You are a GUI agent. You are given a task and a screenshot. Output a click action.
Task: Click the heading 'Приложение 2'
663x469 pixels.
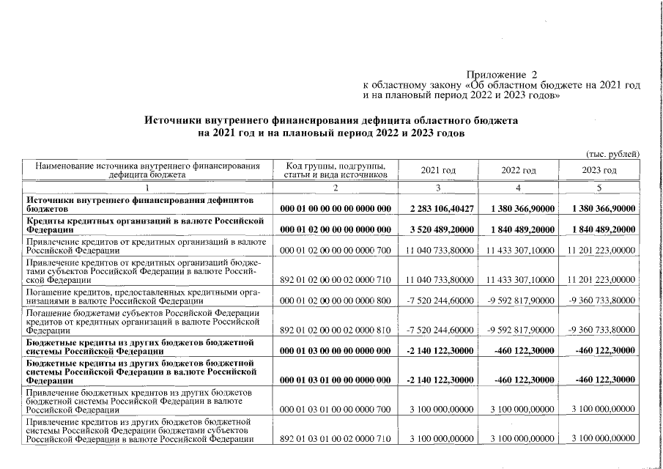(x=502, y=75)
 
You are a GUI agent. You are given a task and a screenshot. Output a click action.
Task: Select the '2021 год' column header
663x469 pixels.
(x=438, y=170)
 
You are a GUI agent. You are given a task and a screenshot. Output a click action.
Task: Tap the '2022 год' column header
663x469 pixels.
(x=519, y=170)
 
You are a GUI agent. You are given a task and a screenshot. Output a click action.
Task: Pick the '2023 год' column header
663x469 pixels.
(x=599, y=170)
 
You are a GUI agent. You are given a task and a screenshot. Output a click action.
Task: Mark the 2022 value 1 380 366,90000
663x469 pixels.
(x=519, y=209)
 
